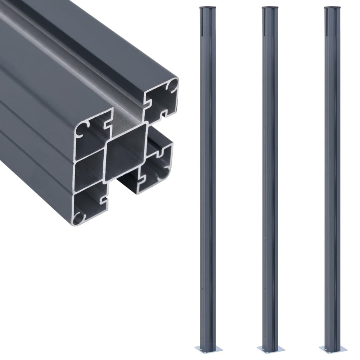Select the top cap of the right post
coord(332,7)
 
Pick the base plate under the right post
coord(332,348)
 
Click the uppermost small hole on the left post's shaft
coord(203,238)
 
